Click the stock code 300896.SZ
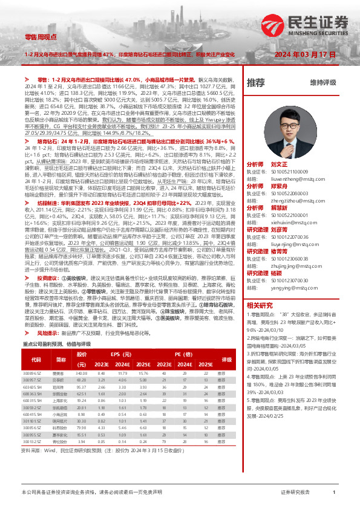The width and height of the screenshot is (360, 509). click(32, 374)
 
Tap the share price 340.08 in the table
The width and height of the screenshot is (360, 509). click(83, 374)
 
